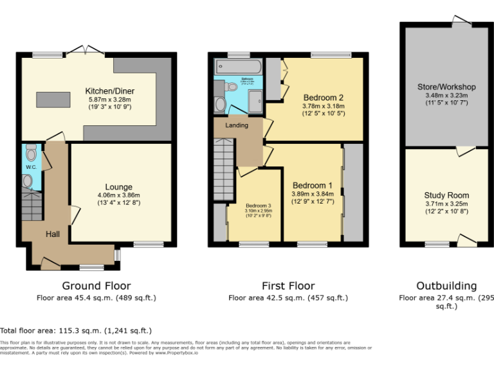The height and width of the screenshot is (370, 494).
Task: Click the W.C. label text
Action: [x=30, y=168]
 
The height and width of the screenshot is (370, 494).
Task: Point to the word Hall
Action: [x=52, y=234]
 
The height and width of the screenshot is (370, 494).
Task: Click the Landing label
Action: [x=236, y=125]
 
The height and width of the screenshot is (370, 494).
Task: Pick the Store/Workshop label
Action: [x=446, y=87]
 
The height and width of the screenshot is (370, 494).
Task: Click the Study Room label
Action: [x=446, y=195]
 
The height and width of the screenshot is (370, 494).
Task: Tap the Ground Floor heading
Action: [x=96, y=286]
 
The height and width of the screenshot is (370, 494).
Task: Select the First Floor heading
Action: [x=288, y=286]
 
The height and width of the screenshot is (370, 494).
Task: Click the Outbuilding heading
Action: [x=446, y=286]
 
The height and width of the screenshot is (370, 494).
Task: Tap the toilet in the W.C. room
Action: [x=28, y=182]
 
